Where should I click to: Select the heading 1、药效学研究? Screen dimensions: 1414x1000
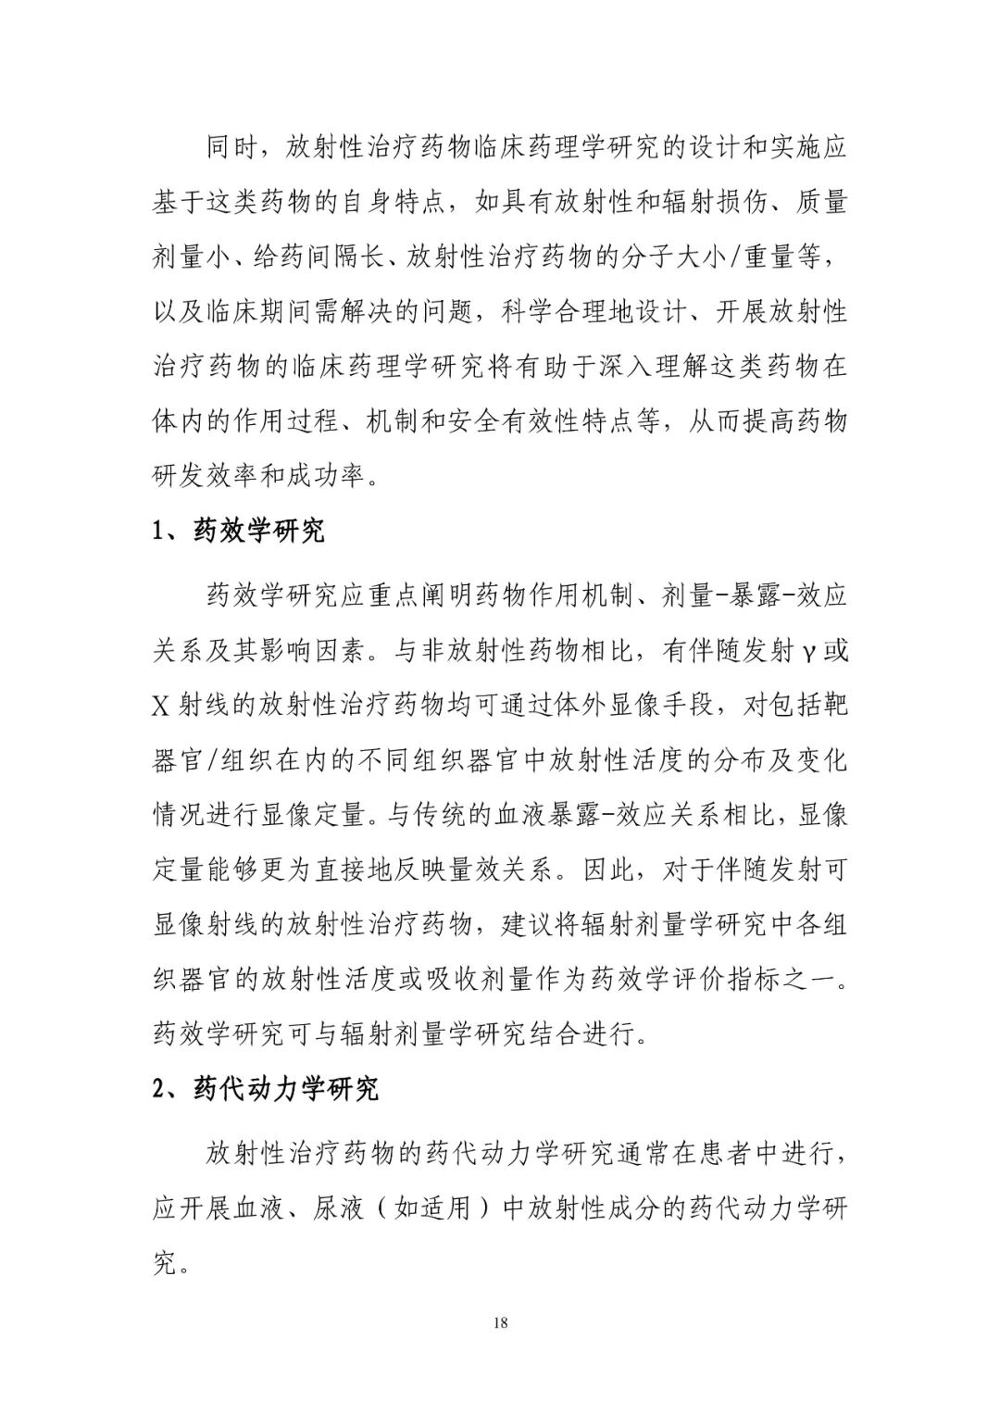[238, 532]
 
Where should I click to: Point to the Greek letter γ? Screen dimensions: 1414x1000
[808, 651]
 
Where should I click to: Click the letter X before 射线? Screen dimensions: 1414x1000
[161, 707]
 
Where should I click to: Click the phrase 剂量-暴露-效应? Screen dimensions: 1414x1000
[756, 595]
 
